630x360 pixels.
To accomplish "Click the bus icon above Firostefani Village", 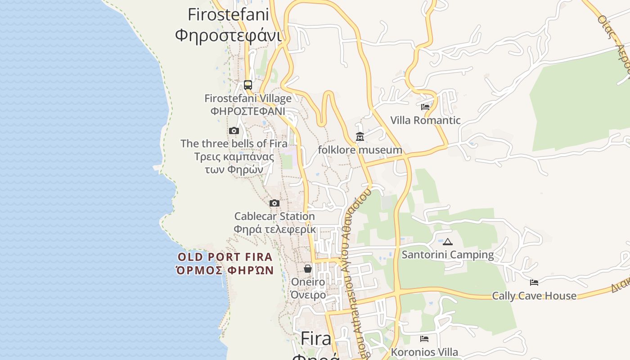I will (x=248, y=85).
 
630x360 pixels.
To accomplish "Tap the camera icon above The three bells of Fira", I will (x=234, y=131).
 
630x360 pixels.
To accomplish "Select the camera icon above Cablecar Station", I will (x=274, y=203).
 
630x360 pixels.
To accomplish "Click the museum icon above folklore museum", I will (x=360, y=136).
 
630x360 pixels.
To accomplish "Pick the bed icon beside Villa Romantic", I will (x=425, y=107).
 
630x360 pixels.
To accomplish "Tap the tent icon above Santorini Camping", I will (x=447, y=242).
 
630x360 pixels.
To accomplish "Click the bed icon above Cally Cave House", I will (x=534, y=283).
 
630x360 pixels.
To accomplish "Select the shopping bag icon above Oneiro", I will (x=308, y=269).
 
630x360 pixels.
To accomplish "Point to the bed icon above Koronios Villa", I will (x=424, y=339).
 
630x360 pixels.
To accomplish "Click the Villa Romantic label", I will (x=425, y=120).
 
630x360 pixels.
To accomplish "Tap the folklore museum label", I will (x=360, y=150).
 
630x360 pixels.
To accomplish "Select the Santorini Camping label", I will (x=447, y=255).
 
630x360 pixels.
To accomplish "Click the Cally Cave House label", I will (x=534, y=296).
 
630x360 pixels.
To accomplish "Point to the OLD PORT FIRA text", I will (x=225, y=257).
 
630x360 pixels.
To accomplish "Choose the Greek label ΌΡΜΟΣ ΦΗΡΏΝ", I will (x=225, y=270).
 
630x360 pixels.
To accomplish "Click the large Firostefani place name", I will (x=228, y=14).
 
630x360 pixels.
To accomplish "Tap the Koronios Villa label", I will (x=424, y=352).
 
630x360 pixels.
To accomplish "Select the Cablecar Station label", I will (x=274, y=216).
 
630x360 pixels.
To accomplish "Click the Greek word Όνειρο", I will (x=308, y=295).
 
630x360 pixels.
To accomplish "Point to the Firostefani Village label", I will (x=248, y=98).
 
